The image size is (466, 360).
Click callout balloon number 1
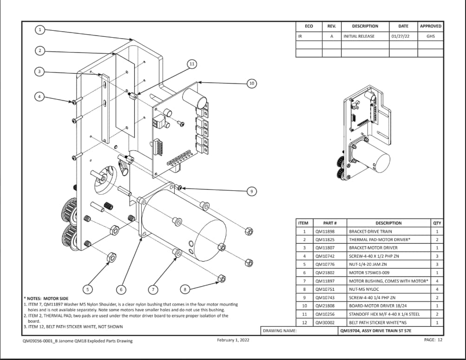[x=40, y=30]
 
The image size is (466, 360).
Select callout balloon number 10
[x=251, y=83]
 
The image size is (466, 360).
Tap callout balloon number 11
[x=191, y=64]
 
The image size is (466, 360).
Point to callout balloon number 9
[x=251, y=191]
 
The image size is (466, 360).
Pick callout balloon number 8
[x=185, y=289]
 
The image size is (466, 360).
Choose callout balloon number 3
[x=40, y=72]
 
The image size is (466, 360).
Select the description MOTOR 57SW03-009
[x=369, y=273]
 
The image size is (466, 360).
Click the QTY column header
[x=437, y=223]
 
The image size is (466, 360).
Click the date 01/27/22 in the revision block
[x=400, y=36]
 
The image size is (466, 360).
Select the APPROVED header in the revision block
[x=430, y=26]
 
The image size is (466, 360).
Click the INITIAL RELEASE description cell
[x=359, y=36]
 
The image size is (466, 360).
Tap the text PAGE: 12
[x=433, y=340]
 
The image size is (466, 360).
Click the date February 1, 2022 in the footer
[x=233, y=340]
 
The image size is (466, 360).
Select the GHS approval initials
[x=430, y=36]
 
